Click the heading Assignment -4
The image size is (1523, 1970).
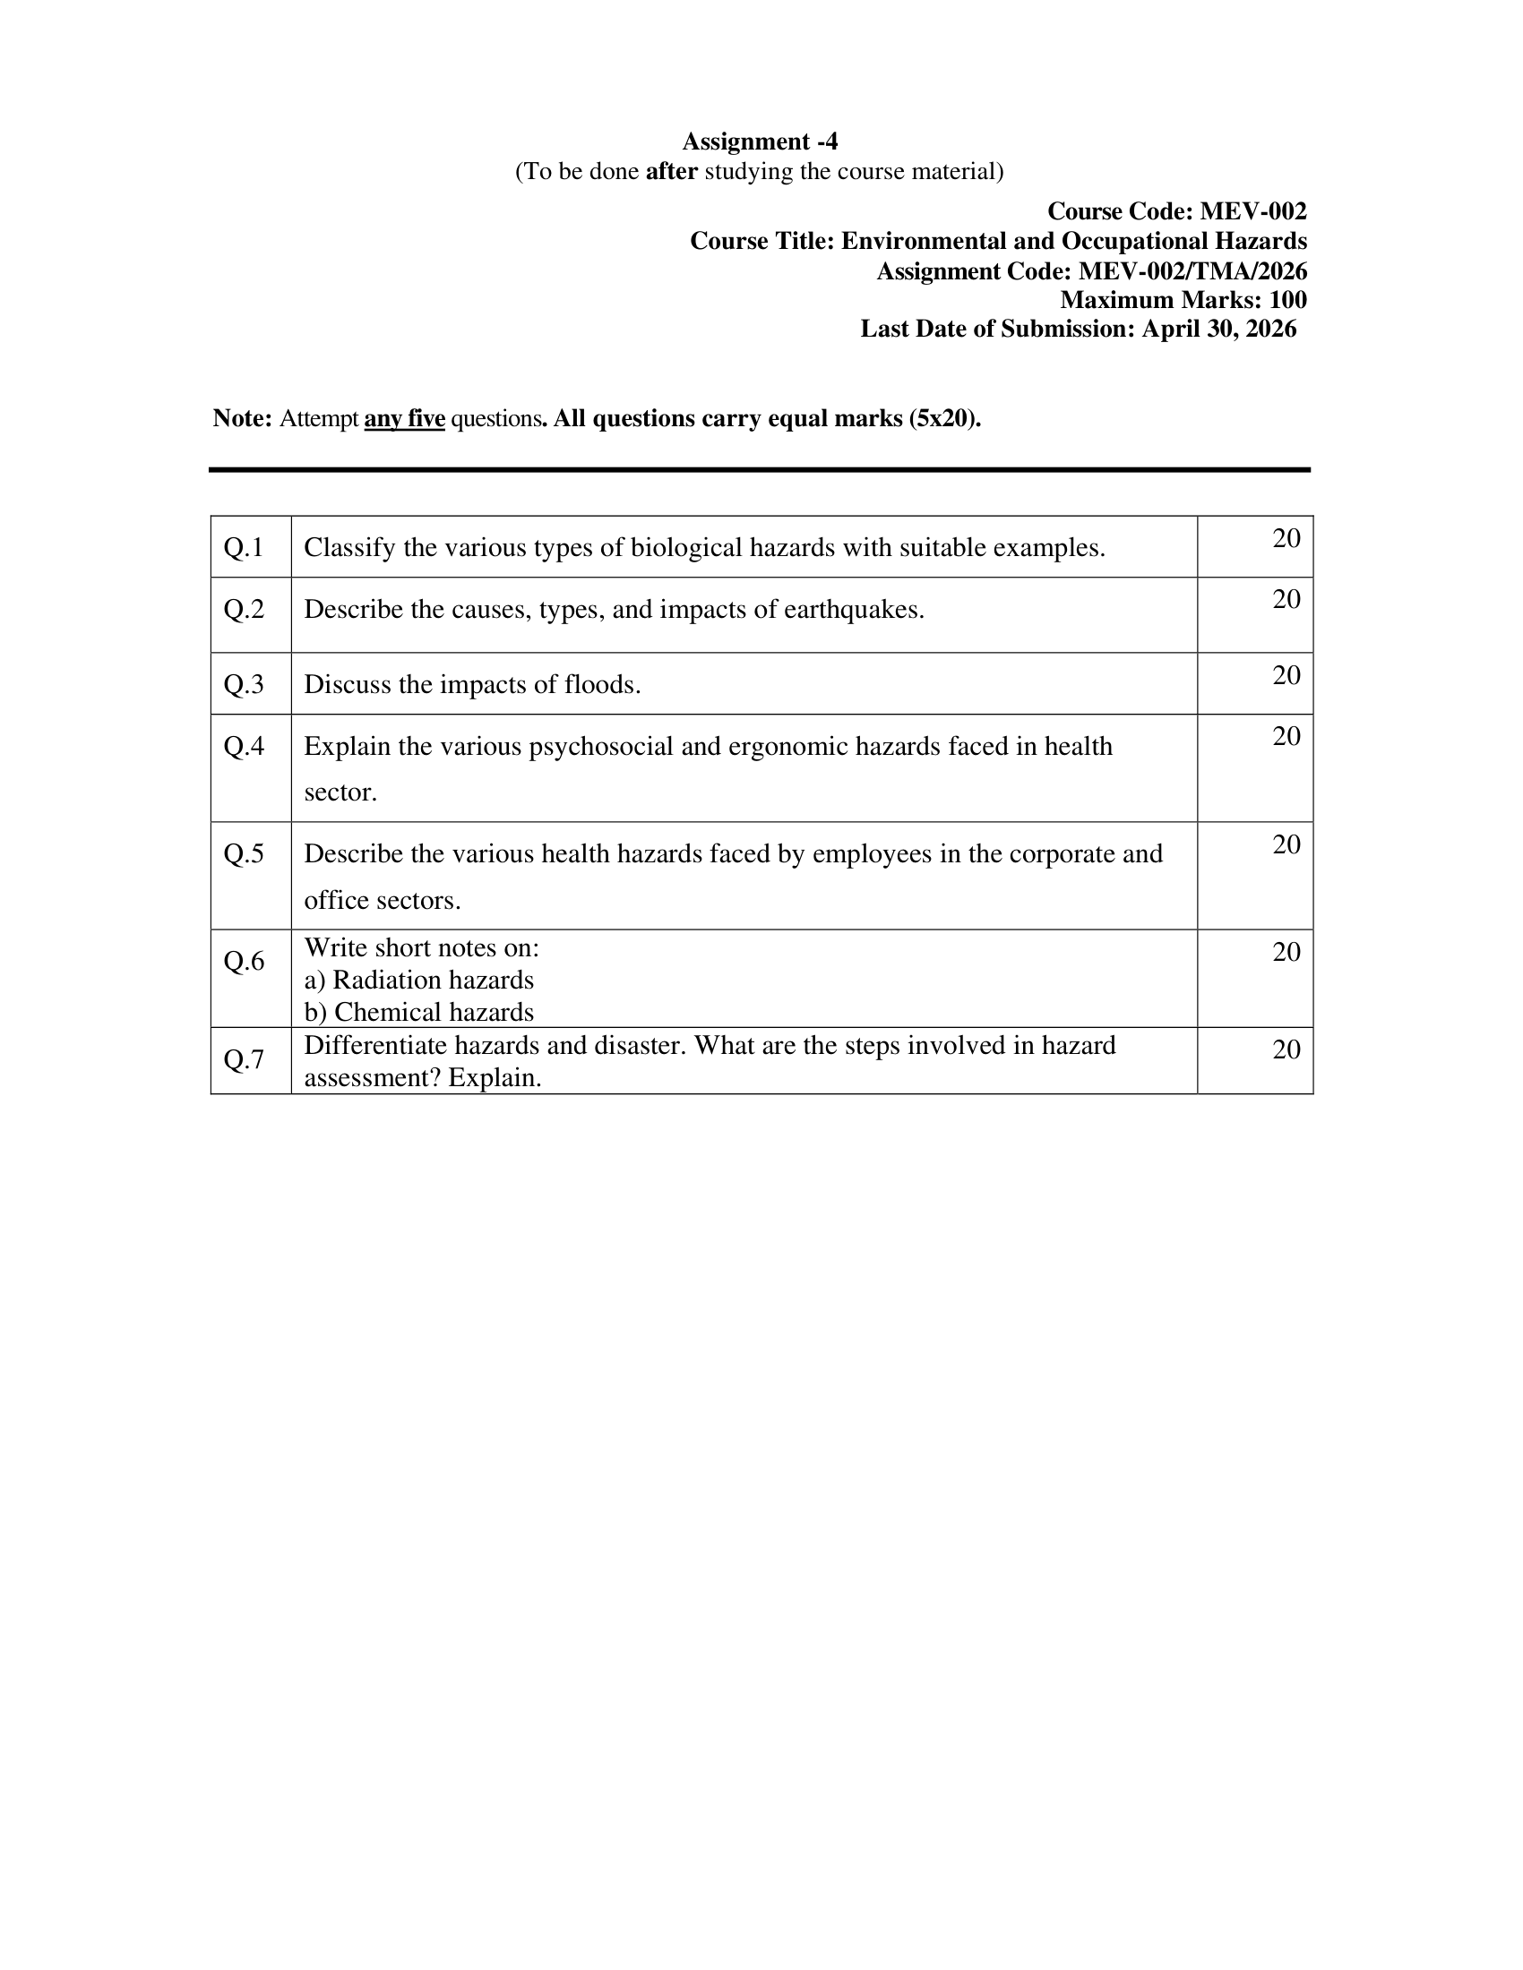point(760,141)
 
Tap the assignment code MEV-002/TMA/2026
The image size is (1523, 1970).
point(1192,270)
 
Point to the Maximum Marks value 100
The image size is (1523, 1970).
point(1287,299)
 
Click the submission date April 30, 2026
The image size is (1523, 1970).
point(1219,329)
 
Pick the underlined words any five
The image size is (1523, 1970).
point(404,418)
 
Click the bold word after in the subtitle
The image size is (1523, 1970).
point(671,171)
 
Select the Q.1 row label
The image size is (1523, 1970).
point(244,547)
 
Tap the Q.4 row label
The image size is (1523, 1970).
point(244,746)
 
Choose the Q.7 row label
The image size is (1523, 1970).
point(244,1059)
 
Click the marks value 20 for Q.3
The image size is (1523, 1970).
point(1286,674)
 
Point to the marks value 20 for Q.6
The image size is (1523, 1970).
point(1286,952)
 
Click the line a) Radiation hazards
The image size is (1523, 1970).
point(418,980)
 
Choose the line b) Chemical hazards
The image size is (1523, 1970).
point(418,1012)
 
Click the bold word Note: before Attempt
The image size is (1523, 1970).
point(242,418)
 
